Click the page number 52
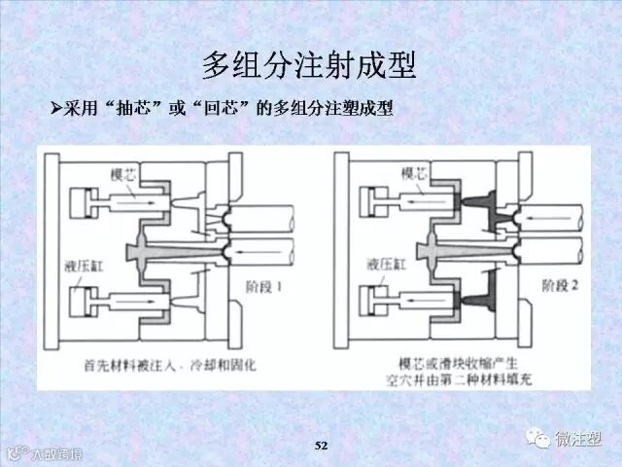click(323, 445)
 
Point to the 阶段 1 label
click(263, 287)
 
